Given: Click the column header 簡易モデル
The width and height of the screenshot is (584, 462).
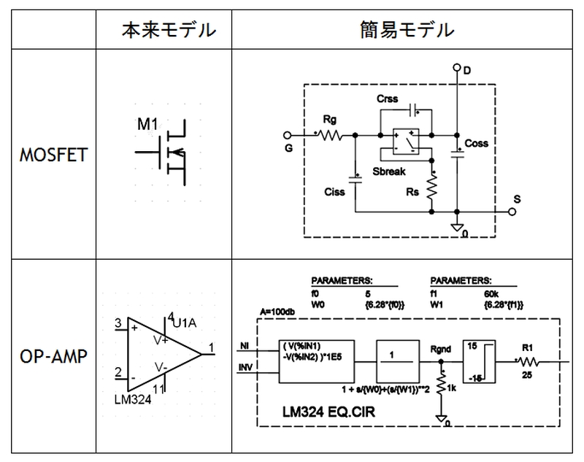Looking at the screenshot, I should (407, 31).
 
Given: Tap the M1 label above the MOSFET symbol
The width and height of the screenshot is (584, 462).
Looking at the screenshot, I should (147, 126).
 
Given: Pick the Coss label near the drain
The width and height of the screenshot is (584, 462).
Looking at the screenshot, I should (477, 143).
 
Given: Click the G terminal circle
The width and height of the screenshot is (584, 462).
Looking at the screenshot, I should (287, 135).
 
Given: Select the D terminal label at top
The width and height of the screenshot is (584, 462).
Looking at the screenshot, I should (467, 69).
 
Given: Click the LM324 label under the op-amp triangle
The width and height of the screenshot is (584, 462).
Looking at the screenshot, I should (134, 400).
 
